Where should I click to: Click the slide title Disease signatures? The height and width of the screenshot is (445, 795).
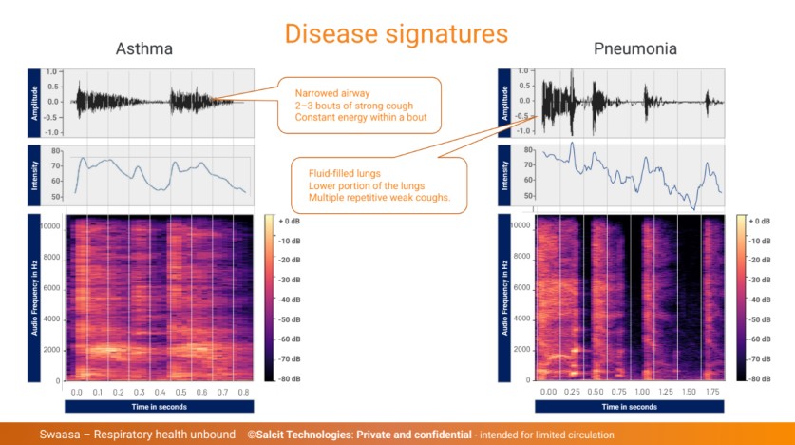396,34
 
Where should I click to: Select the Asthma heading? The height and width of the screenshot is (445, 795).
144,48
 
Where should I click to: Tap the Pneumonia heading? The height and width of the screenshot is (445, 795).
635,48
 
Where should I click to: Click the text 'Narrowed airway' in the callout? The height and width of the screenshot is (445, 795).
332,93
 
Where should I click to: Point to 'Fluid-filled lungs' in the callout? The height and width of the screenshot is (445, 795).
345,174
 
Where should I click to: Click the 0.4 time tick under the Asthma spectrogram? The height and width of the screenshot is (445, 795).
160,393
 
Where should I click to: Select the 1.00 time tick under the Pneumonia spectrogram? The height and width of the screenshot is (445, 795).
642,392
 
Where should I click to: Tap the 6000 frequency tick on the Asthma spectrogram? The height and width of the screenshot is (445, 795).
50,288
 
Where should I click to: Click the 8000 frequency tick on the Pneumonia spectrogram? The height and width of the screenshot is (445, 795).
521,256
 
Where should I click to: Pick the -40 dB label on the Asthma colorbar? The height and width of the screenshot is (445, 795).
289,300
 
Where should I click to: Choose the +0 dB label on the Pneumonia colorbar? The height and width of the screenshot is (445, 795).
759,222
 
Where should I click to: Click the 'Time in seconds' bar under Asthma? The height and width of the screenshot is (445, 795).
160,407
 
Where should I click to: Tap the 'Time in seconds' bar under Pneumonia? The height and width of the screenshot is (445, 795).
629,407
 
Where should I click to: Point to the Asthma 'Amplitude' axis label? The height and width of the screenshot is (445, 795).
34,103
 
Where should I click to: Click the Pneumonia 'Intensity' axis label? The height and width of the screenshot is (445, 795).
504,176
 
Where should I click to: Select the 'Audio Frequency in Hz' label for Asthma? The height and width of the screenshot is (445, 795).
34,298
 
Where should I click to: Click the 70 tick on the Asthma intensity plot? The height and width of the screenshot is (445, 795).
55,165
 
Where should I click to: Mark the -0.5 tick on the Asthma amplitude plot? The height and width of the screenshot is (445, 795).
52,117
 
